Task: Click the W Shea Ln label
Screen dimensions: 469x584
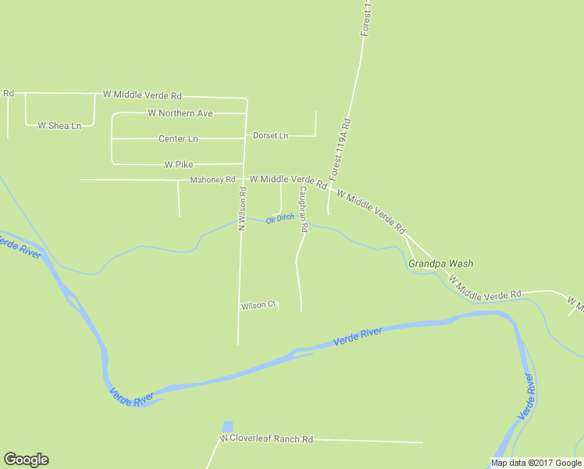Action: (x=59, y=126)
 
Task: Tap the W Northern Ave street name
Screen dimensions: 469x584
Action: (x=180, y=113)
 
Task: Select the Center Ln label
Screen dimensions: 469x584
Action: (x=179, y=139)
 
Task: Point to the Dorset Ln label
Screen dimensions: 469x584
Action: (x=271, y=136)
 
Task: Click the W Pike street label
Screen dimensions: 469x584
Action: (x=179, y=165)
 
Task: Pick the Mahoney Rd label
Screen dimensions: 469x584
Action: (x=212, y=180)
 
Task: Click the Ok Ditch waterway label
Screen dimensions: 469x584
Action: (x=280, y=219)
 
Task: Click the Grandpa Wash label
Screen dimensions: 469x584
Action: (x=440, y=264)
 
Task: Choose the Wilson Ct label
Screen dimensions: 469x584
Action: (x=258, y=306)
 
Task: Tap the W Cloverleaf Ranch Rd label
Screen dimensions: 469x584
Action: (x=266, y=439)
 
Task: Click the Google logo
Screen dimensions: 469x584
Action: (x=26, y=460)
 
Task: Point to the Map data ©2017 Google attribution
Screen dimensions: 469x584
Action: (x=536, y=463)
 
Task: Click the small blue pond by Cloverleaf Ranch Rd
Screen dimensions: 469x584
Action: (x=227, y=427)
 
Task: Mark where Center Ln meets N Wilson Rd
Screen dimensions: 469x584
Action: (x=247, y=138)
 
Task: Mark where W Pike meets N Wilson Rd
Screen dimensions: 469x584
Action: (x=246, y=164)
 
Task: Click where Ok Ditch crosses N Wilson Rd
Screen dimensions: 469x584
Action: (x=240, y=220)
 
